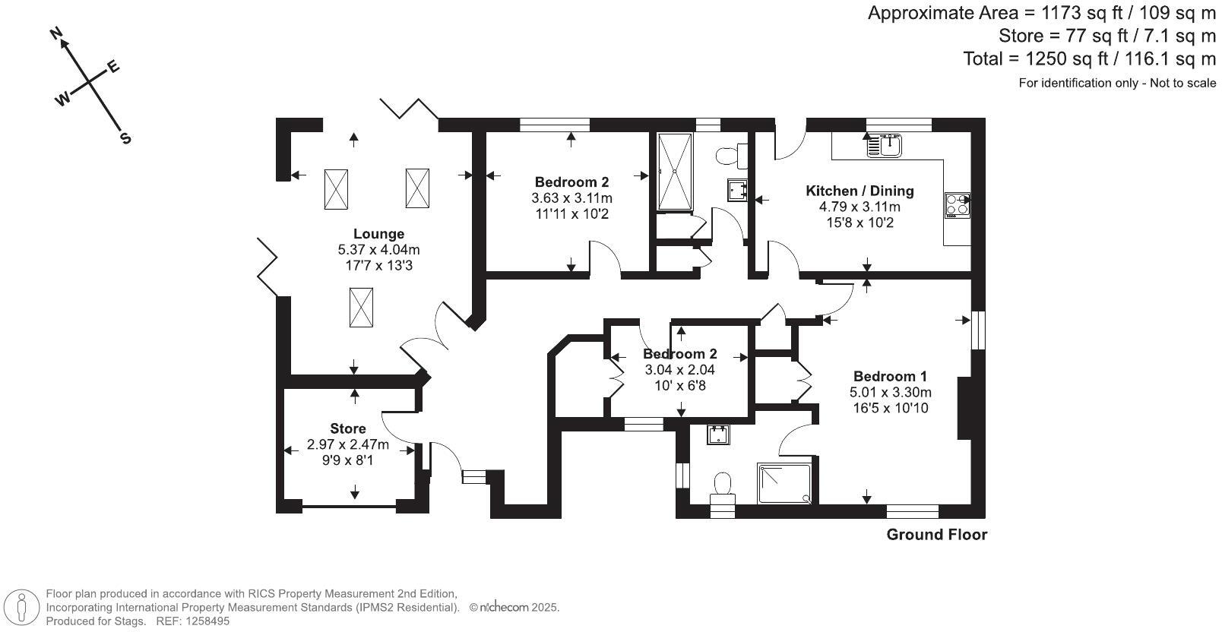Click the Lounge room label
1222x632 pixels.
378,234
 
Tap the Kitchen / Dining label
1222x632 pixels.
860,191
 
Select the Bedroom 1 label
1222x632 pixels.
890,376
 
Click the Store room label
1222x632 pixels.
347,428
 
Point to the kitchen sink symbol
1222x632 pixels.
885,144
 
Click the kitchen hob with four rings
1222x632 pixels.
957,205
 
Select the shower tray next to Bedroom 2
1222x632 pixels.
675,172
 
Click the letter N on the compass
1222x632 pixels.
55,33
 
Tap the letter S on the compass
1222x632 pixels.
125,138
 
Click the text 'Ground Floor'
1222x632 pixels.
936,535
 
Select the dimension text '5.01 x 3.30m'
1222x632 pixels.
890,393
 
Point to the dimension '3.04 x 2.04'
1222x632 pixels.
679,370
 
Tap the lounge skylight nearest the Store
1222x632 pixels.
361,308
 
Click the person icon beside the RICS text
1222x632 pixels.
22,608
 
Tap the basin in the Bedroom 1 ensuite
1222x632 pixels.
718,434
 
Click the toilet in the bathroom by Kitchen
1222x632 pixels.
731,156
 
